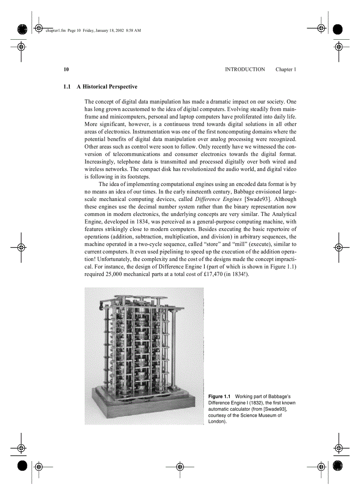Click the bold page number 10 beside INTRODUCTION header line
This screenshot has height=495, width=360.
(x=66, y=70)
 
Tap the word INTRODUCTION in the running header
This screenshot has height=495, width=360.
(x=245, y=70)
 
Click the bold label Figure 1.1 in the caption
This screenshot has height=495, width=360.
(x=219, y=397)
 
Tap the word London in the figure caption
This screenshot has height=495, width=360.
(x=217, y=421)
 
